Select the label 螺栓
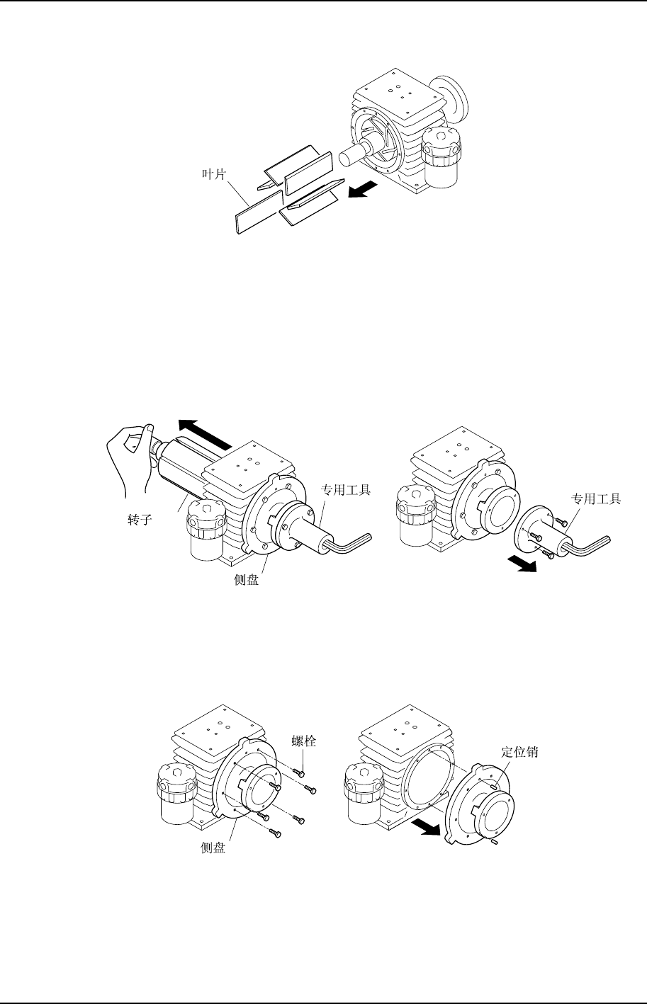click(303, 741)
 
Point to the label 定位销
click(519, 753)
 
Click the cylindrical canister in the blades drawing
click(441, 159)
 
